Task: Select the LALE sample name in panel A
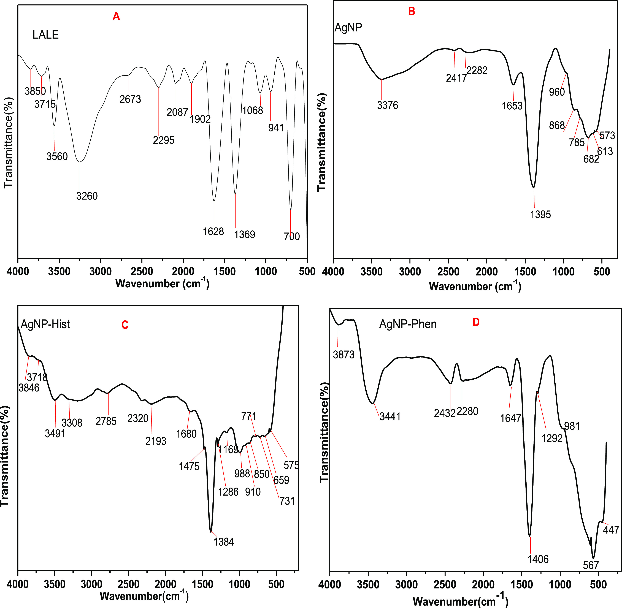[x=46, y=35]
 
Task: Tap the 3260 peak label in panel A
[x=87, y=196]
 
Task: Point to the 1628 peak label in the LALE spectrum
[x=213, y=231]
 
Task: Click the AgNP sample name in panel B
[x=348, y=28]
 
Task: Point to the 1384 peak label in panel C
[x=223, y=542]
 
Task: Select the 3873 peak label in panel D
[x=344, y=355]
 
